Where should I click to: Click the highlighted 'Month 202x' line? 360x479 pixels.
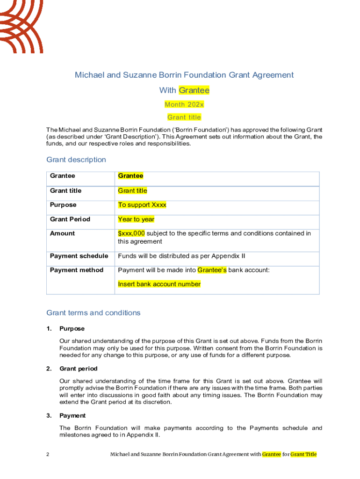click(x=184, y=104)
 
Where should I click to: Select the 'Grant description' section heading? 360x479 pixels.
click(x=76, y=160)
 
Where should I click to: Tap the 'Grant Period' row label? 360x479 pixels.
click(x=70, y=219)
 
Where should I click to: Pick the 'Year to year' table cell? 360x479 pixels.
click(x=136, y=219)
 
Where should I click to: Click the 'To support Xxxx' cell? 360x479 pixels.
click(x=142, y=205)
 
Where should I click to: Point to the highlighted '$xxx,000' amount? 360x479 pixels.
click(x=131, y=233)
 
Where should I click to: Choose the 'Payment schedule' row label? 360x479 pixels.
click(x=79, y=256)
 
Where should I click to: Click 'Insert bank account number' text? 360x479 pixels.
click(x=159, y=284)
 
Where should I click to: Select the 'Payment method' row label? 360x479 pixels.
click(x=77, y=270)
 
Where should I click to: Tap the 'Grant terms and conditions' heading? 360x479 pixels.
click(x=94, y=313)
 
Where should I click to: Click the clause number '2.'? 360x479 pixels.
click(x=49, y=369)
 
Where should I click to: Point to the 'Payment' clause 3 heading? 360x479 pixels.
click(x=72, y=415)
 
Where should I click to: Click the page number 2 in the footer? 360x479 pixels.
click(x=48, y=454)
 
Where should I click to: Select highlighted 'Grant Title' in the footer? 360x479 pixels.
click(x=303, y=454)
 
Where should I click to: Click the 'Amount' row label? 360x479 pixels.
click(x=62, y=233)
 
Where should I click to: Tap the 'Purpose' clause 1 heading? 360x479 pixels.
click(x=72, y=328)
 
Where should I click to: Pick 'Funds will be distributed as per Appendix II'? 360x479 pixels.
click(x=181, y=256)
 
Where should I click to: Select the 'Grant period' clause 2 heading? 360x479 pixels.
click(x=78, y=369)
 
